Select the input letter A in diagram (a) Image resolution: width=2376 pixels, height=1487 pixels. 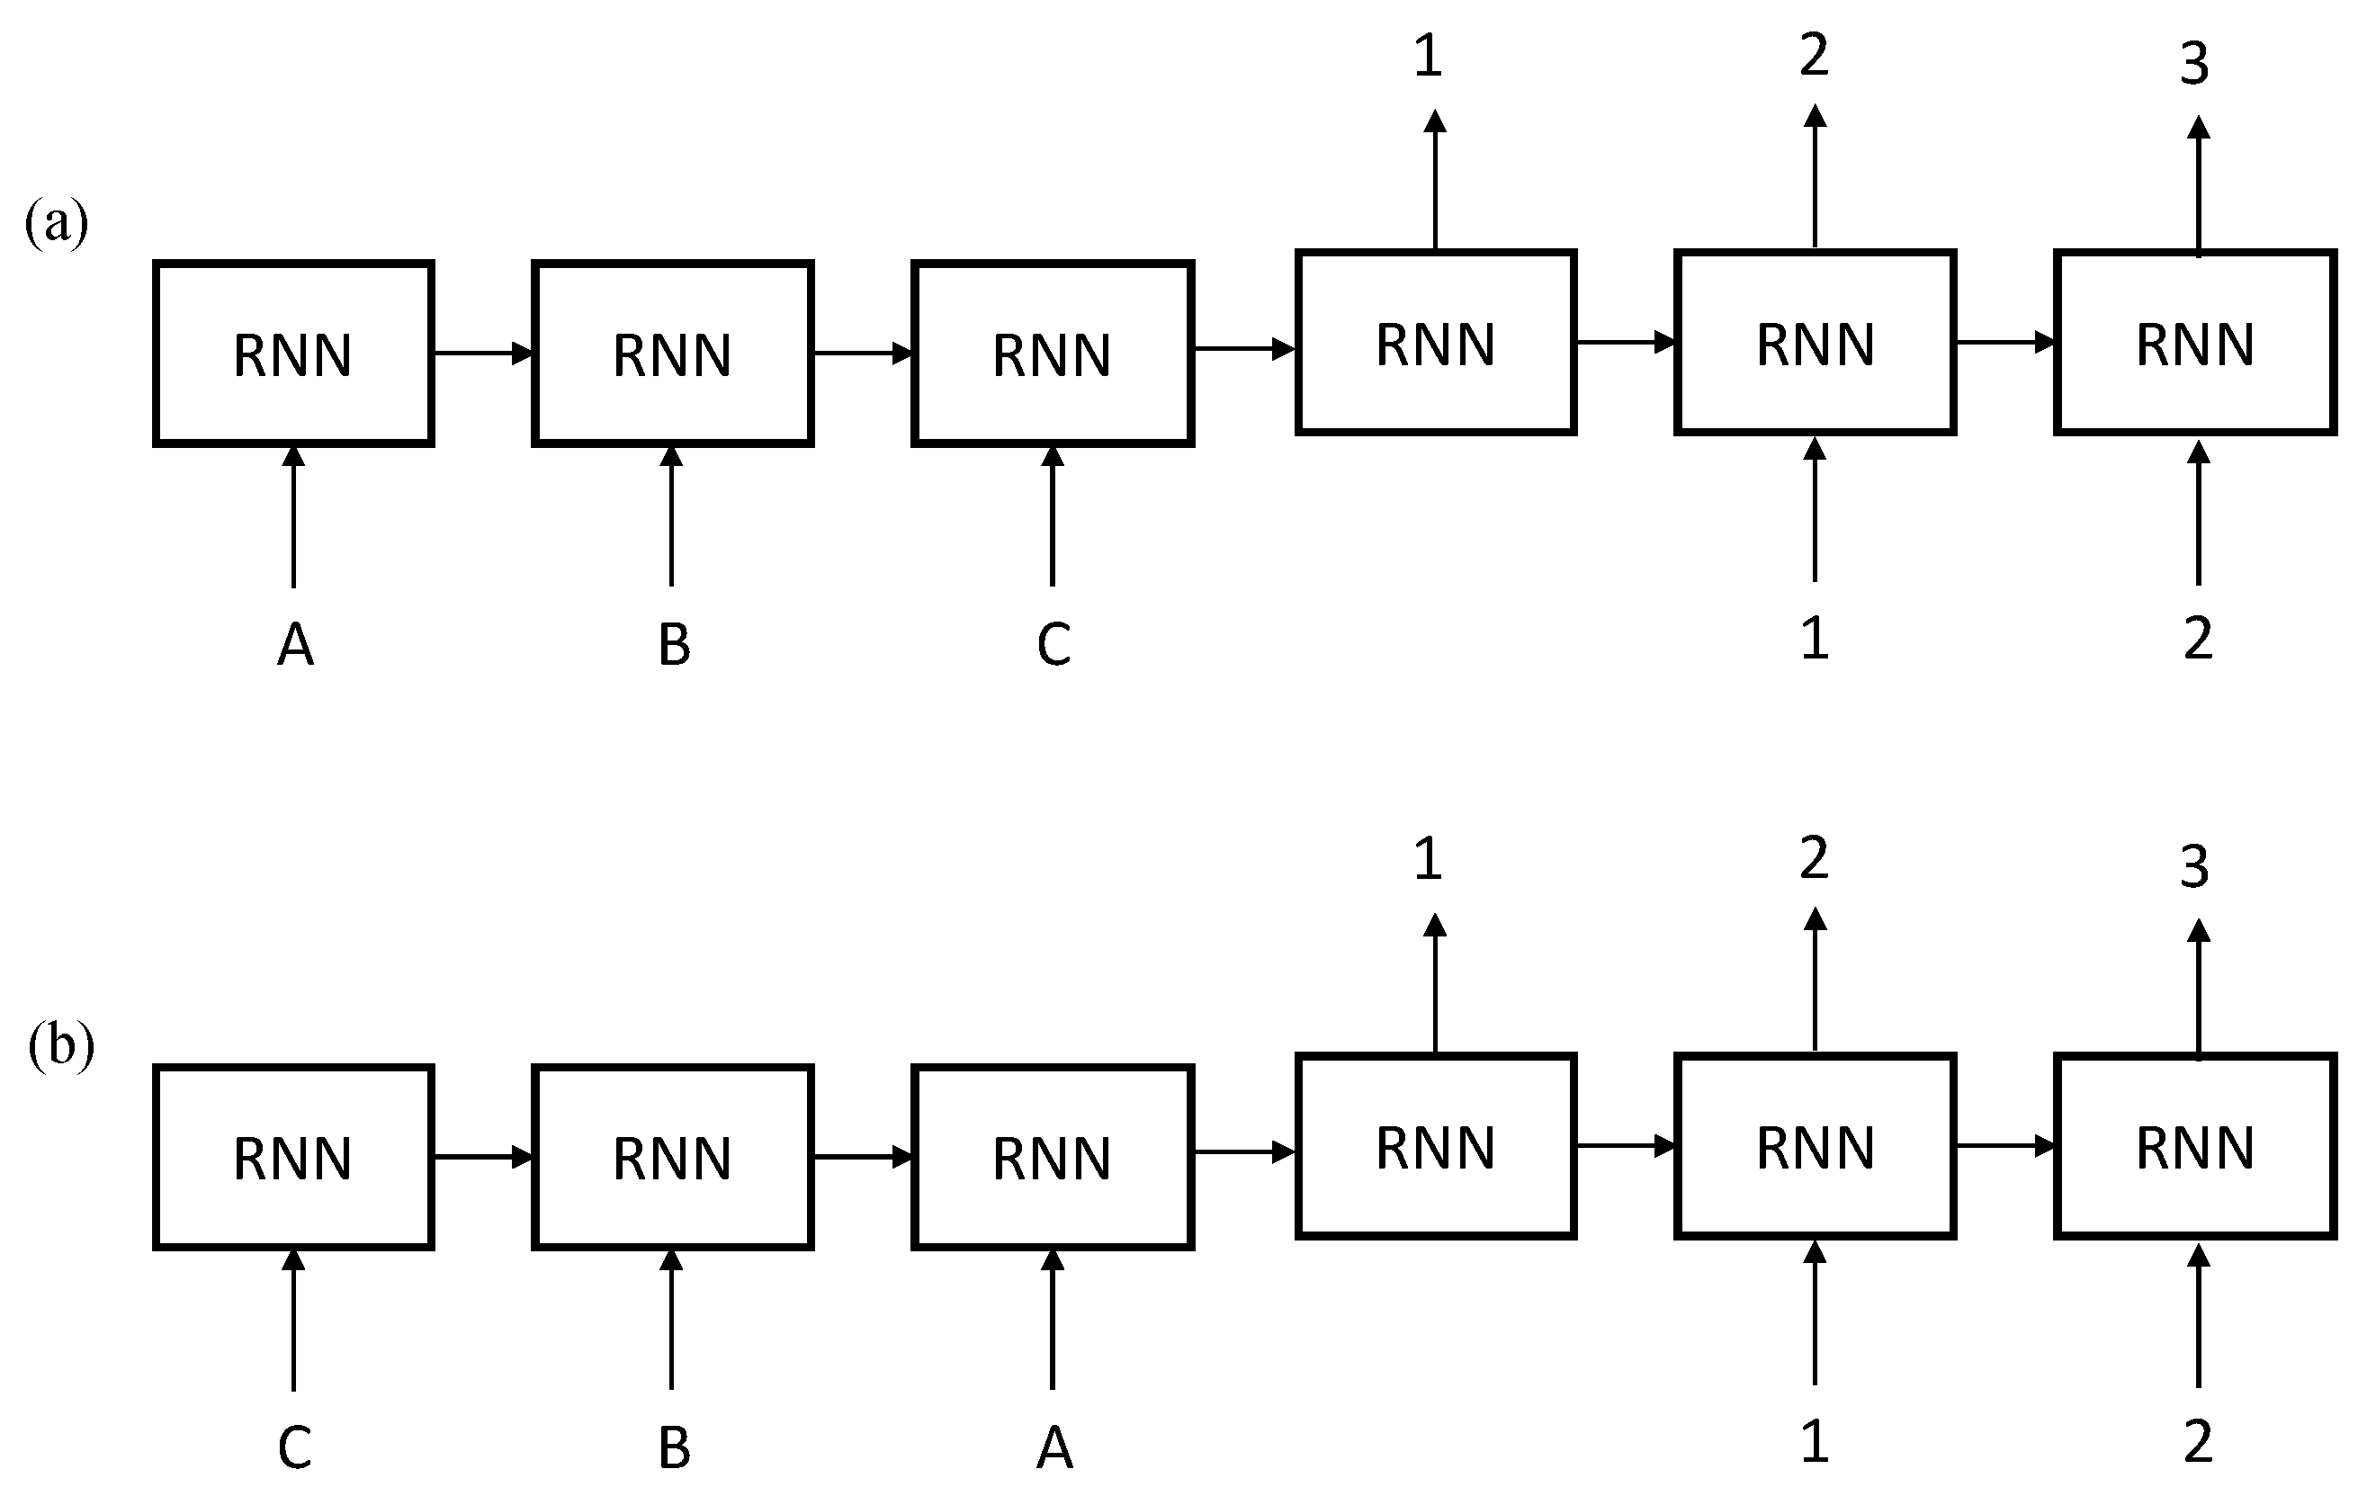(x=295, y=645)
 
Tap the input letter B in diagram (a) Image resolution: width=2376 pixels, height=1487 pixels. (x=674, y=645)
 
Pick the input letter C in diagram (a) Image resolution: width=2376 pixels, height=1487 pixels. (x=1054, y=645)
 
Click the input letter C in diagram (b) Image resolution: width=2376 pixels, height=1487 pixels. (x=295, y=1447)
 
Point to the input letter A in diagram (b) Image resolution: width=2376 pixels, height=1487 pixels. (x=1054, y=1447)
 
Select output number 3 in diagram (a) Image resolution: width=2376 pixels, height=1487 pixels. (x=2195, y=64)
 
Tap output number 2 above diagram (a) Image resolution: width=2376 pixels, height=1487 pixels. (x=1815, y=55)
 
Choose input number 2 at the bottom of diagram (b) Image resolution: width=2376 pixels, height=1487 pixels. (x=2198, y=1442)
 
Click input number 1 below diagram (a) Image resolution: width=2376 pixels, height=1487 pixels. (x=1815, y=639)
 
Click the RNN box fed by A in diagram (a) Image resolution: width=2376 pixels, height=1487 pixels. (x=293, y=354)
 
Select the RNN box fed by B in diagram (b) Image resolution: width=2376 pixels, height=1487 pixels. (x=673, y=1157)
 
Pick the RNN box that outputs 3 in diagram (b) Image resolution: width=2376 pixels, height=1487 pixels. (x=2195, y=1146)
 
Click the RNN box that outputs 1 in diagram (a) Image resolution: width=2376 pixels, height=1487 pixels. (x=1436, y=342)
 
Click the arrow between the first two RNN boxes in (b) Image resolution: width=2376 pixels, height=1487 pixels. (x=483, y=1157)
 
